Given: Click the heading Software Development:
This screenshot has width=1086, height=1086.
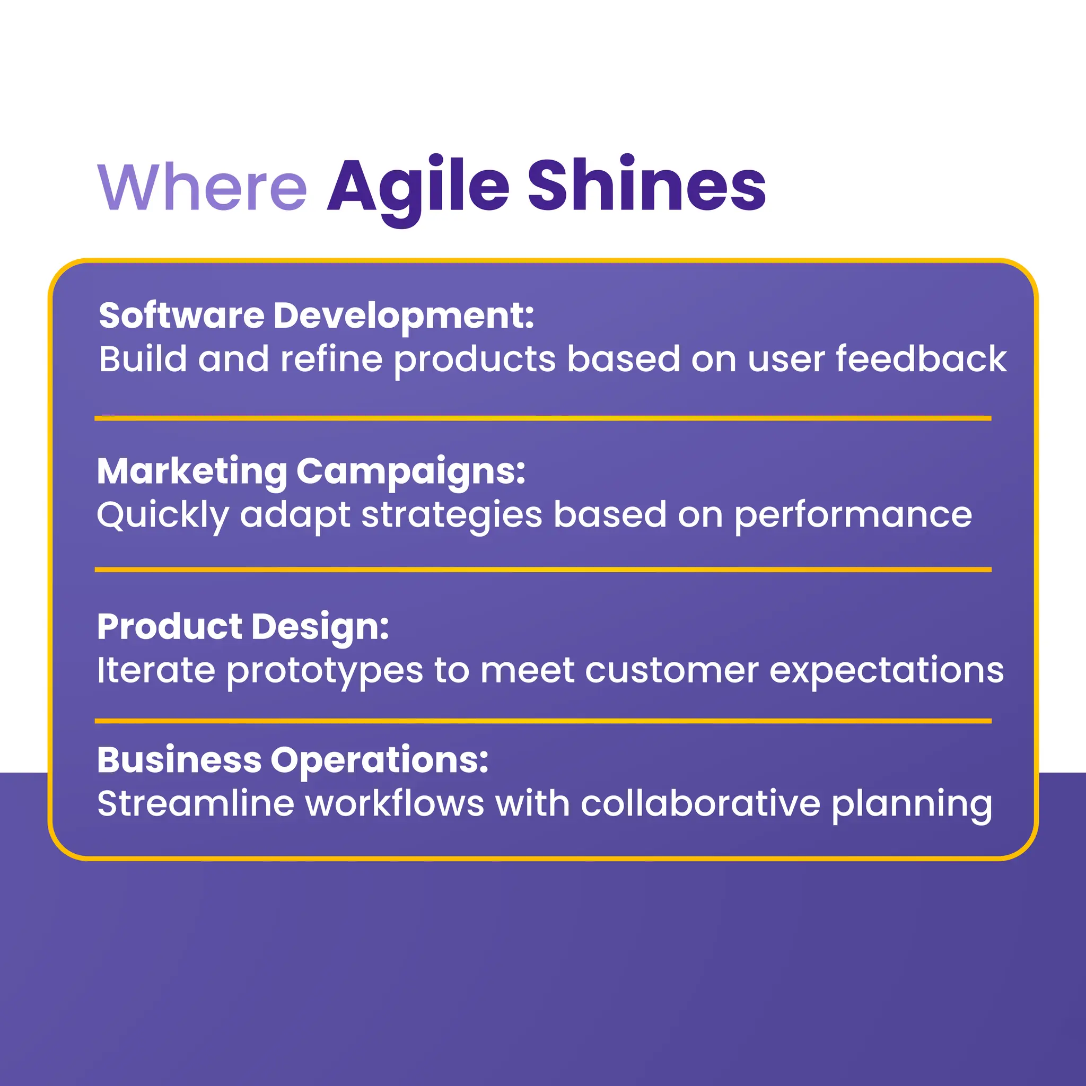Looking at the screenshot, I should point(317,316).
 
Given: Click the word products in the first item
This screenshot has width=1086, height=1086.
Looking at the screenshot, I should point(475,360).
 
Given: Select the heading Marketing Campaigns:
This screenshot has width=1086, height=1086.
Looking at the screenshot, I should point(311,471).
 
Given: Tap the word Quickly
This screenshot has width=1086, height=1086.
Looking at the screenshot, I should point(162,515).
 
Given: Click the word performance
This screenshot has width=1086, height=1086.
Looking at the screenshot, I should point(853,515).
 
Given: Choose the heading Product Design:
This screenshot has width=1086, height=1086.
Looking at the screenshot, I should point(243,626).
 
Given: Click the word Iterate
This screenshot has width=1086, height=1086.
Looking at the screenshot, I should point(156,670).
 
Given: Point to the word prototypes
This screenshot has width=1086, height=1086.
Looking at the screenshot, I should point(325,671).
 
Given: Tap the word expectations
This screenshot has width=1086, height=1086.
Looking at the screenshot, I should point(886,670).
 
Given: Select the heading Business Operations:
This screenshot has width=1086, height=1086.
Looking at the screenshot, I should point(292,760).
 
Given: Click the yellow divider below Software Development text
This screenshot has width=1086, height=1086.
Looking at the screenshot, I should point(543,418).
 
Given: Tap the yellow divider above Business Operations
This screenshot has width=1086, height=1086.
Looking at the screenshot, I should point(543,721).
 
